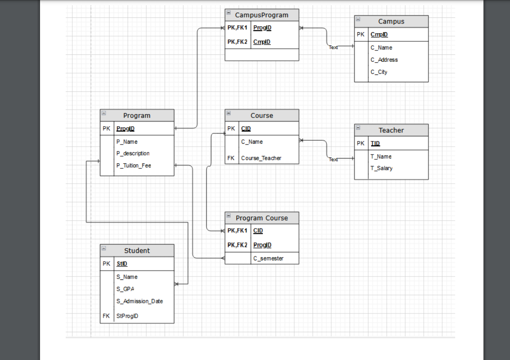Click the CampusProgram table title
point(262,15)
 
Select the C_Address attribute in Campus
point(384,60)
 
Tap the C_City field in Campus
point(379,72)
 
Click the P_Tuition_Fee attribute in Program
point(133,166)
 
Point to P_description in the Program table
point(133,154)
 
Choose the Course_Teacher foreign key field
point(261,158)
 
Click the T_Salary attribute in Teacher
point(381,168)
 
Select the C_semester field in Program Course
point(268,259)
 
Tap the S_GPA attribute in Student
point(125,289)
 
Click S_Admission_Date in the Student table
point(139,301)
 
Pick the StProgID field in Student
point(127,316)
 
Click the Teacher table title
point(391,130)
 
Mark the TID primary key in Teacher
point(375,144)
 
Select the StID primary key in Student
point(121,264)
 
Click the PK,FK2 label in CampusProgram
point(237,42)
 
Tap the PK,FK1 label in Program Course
point(237,231)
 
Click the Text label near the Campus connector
point(333,47)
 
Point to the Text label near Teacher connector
point(333,160)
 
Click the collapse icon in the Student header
point(104,248)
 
